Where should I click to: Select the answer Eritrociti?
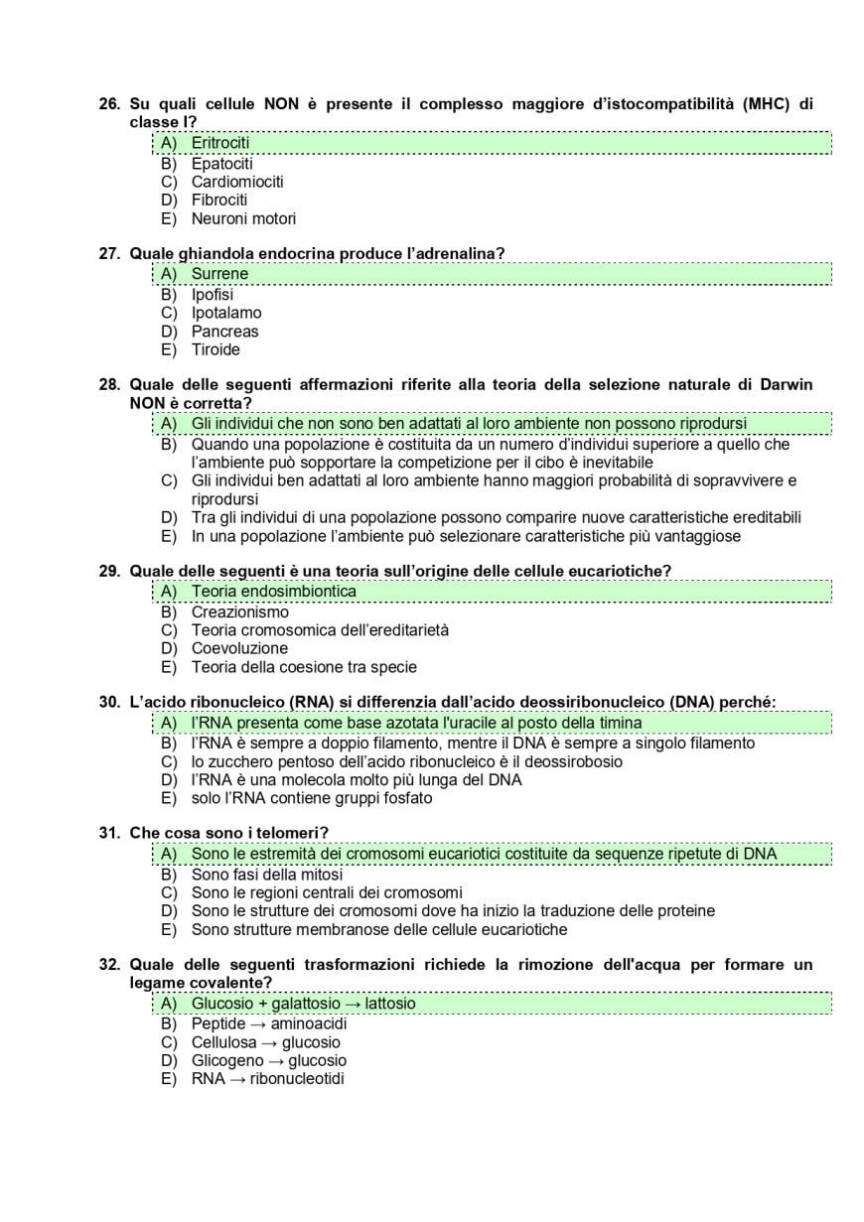(x=219, y=143)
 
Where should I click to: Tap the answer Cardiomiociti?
(x=236, y=182)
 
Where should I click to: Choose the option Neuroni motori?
(x=243, y=218)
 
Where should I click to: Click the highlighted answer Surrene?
(x=219, y=274)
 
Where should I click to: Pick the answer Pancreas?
(x=224, y=332)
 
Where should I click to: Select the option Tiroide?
(x=216, y=349)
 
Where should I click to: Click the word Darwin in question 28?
(x=786, y=385)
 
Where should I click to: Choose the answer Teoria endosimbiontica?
(x=273, y=592)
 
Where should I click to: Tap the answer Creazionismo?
(x=239, y=612)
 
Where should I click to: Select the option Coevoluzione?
(x=239, y=648)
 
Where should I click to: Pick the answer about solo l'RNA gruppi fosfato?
(x=311, y=798)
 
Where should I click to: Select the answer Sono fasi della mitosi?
(x=266, y=875)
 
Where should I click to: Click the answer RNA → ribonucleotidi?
(x=267, y=1079)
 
